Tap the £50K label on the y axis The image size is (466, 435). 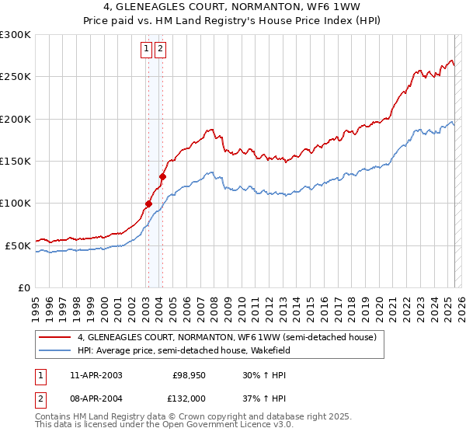pos(19,245)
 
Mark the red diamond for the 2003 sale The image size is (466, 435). pos(148,204)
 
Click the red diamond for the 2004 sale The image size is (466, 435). pos(162,176)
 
